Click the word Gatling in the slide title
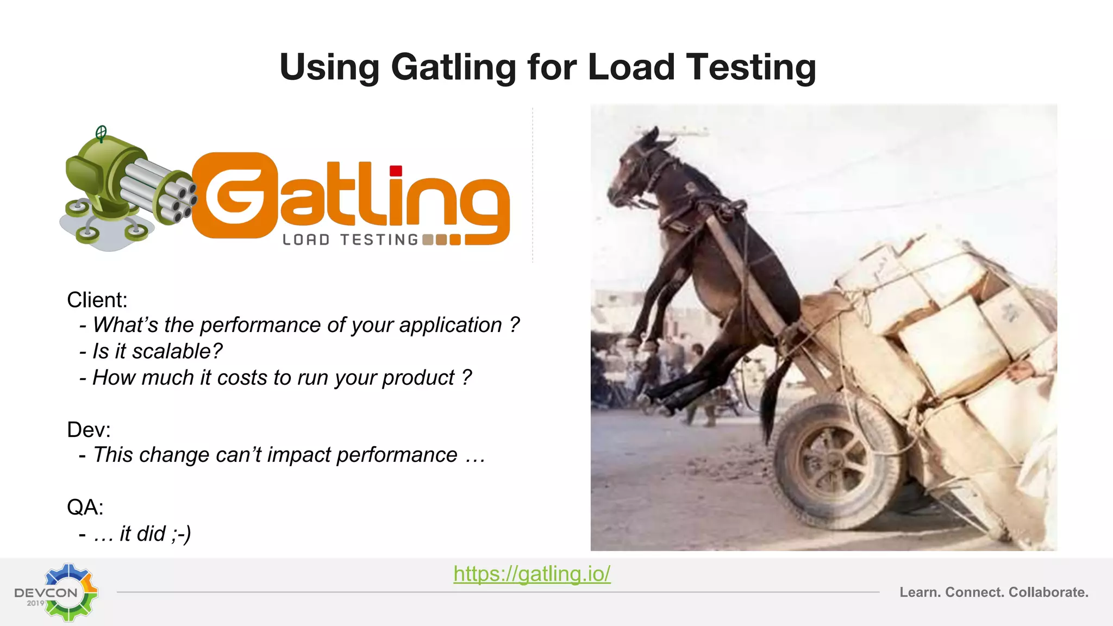tap(453, 68)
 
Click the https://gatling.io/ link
tap(532, 574)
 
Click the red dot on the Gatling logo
tap(396, 171)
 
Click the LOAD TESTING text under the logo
tap(351, 240)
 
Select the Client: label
tap(97, 300)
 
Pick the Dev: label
tap(89, 430)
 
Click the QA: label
tap(85, 508)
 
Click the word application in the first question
tap(451, 325)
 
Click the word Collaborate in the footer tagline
tap(1048, 592)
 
